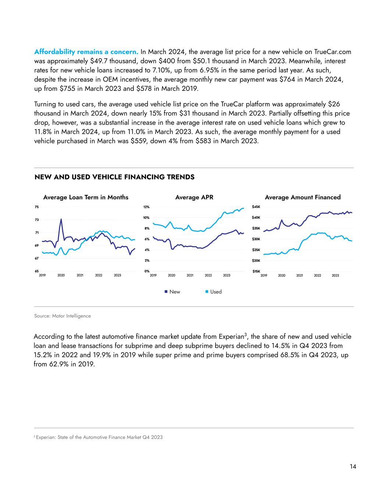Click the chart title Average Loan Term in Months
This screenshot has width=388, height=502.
[x=86, y=197]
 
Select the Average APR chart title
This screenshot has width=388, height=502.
[x=194, y=197]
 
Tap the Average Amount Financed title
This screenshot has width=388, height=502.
[x=303, y=197]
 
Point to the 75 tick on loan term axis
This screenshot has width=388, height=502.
[x=37, y=207]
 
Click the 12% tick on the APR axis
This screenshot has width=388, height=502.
[x=146, y=207]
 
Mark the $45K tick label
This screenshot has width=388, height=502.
[x=256, y=207]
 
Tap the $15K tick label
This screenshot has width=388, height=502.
[x=256, y=271]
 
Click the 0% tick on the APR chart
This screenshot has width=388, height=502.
[x=147, y=271]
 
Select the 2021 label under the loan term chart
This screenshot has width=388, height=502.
[x=80, y=275]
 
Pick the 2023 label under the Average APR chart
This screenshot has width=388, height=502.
[x=227, y=275]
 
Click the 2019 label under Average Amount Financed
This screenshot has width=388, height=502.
[x=264, y=275]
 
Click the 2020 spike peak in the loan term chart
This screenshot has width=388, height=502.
[x=61, y=219]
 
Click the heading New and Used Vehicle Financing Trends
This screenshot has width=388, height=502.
[x=114, y=177]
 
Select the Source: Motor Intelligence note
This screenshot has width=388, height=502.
[x=62, y=316]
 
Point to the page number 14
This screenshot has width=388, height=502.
[x=353, y=466]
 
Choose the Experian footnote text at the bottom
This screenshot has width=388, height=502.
[x=99, y=437]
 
